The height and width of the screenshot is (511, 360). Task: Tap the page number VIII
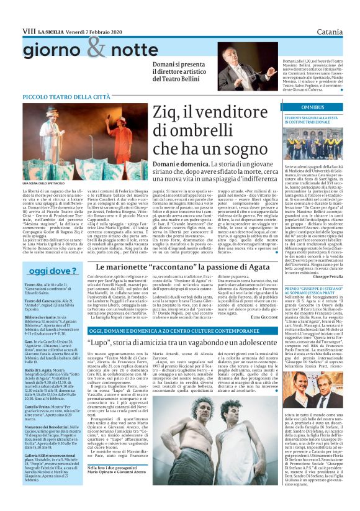coord(29,30)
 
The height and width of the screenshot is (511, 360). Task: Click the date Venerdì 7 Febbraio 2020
coord(92,30)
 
